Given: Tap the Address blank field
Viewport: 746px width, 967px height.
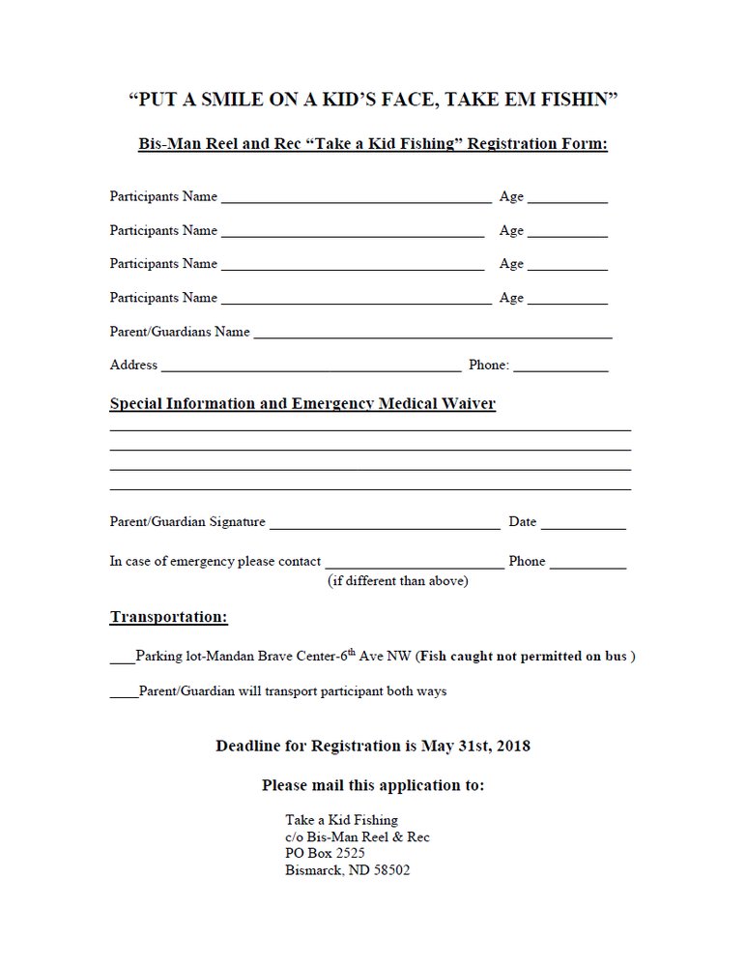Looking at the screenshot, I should (311, 367).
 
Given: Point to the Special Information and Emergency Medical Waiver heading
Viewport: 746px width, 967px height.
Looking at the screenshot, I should (302, 403).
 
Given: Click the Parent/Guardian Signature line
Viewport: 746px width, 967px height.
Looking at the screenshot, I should (385, 524).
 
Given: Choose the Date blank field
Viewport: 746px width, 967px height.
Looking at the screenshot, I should (583, 524).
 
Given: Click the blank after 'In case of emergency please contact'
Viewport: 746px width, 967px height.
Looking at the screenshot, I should (414, 563).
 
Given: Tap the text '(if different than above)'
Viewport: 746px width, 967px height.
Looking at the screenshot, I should (398, 581).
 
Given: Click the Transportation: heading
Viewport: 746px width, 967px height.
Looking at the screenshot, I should (169, 616).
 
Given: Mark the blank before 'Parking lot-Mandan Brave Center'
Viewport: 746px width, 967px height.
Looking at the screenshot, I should (123, 659).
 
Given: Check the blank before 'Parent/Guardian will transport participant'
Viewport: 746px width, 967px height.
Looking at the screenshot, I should (124, 693).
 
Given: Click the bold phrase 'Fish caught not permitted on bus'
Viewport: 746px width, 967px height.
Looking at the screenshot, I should (525, 656).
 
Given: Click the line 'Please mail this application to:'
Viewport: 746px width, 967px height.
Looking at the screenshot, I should (373, 785).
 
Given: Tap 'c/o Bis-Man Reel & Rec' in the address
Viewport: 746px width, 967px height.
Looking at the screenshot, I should (358, 836).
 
